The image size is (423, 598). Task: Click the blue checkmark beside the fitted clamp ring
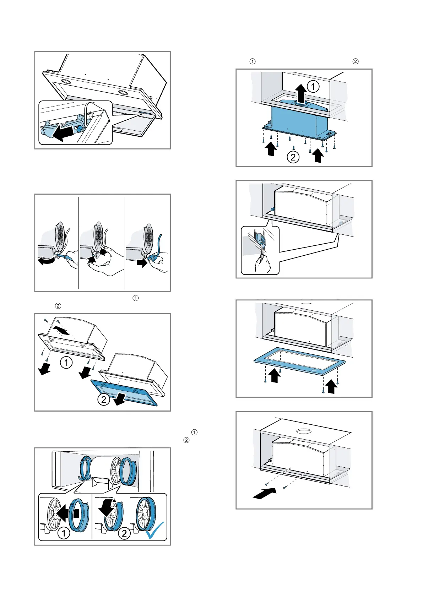point(155,530)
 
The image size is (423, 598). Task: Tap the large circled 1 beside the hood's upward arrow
point(313,87)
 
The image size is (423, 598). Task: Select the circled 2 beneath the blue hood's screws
point(293,157)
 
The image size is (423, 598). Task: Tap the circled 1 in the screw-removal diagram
point(66,363)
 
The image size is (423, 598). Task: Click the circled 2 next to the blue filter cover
point(103,400)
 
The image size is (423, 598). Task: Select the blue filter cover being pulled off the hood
point(124,392)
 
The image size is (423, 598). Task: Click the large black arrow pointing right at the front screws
point(264,493)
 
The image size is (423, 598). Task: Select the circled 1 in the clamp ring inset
point(64,533)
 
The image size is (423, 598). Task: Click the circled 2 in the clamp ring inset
point(124,533)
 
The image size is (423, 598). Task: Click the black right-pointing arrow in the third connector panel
point(142,263)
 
